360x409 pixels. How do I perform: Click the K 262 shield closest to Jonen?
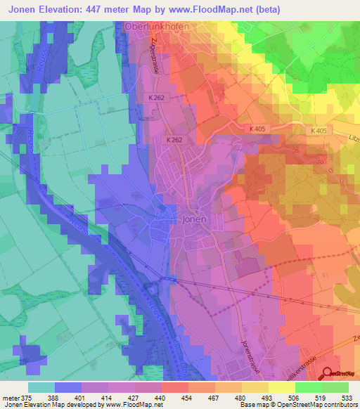pyautogui.click(x=175, y=140)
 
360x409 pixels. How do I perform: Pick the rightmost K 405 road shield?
pyautogui.click(x=321, y=131)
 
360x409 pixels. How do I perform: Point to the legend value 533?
pyautogui.click(x=347, y=397)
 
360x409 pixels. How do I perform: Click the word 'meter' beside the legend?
pyautogui.click(x=11, y=397)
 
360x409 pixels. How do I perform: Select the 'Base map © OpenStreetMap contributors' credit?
pyautogui.click(x=297, y=405)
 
